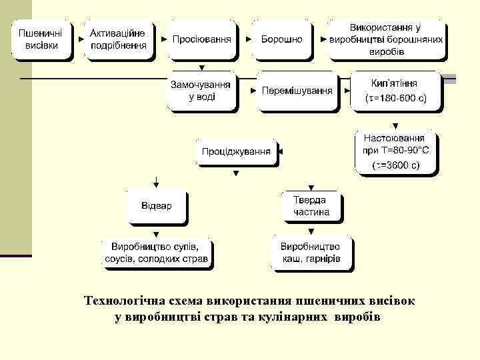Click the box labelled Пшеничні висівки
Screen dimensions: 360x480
pos(41,40)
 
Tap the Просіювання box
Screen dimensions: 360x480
pos(201,39)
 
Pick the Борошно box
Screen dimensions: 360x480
pos(281,39)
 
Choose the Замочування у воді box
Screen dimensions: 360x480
pos(201,91)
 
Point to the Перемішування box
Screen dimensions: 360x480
pos(297,91)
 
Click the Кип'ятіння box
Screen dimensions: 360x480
pos(395,91)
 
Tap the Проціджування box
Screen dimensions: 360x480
pos(236,151)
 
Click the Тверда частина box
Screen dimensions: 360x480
pos(311,206)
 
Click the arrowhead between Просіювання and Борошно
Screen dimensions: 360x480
pos(248,39)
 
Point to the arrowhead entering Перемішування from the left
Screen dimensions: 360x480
pos(253,90)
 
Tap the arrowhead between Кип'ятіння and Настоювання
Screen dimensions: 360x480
pos(395,125)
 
